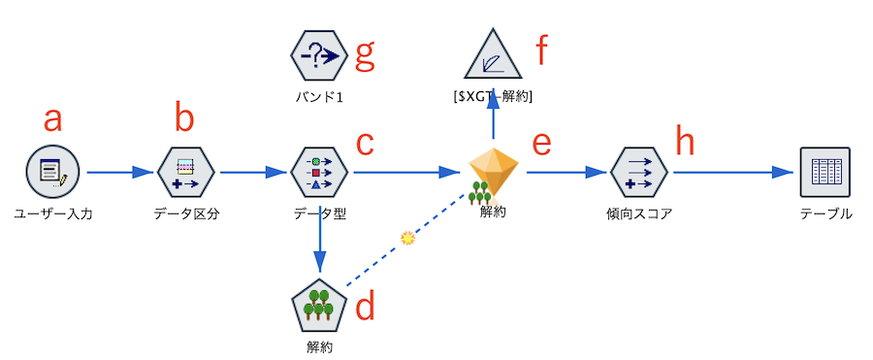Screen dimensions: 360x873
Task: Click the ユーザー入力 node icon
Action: pos(52,172)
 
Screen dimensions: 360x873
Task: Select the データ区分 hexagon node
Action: pos(185,172)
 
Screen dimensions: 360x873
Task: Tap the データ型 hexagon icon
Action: pos(319,172)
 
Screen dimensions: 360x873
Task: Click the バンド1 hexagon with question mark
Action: pos(319,57)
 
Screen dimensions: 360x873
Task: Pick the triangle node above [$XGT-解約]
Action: pos(494,56)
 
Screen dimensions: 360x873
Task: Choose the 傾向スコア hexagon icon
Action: pos(639,172)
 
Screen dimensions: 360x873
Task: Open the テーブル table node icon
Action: pos(824,172)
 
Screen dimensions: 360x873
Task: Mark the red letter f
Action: pos(544,50)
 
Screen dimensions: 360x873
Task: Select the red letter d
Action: pos(365,307)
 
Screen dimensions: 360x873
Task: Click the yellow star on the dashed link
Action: pos(408,237)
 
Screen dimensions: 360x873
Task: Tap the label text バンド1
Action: pos(319,98)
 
